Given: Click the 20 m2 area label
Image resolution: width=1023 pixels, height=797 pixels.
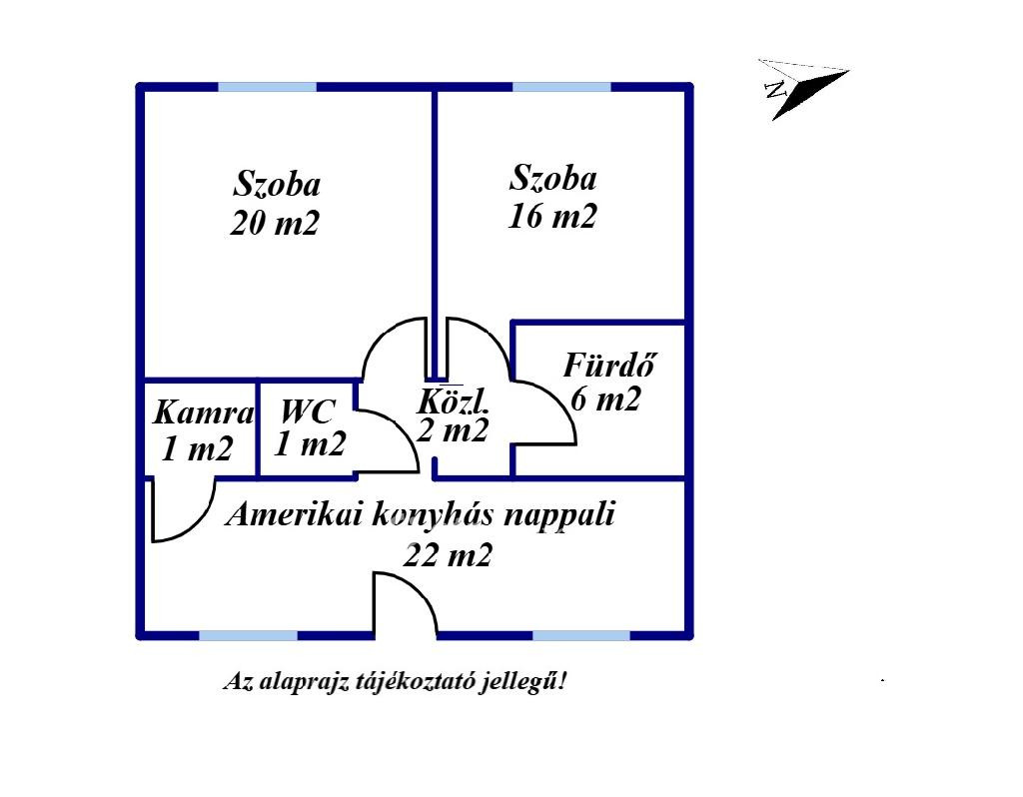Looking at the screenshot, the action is tap(275, 223).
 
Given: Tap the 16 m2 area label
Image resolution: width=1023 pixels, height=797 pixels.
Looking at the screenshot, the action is tap(551, 216).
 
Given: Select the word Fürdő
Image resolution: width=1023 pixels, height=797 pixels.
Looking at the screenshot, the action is tap(608, 365).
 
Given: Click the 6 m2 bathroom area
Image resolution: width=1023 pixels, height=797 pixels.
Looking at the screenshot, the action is tap(605, 399).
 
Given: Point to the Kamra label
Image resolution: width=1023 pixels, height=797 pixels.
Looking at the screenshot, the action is tap(203, 412).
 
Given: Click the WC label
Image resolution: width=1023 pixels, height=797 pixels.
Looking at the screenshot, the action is tap(308, 411).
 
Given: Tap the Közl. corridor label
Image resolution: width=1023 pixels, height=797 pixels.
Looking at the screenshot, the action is tap(453, 401).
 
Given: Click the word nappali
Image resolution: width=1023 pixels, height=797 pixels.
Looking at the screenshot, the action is tap(559, 515).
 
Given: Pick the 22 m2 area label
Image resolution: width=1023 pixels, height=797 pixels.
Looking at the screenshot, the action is tap(448, 555).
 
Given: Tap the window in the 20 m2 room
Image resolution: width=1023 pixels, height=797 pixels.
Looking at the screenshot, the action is tap(267, 87).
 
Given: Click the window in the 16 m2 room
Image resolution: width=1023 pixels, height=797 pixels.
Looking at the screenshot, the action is tap(561, 87).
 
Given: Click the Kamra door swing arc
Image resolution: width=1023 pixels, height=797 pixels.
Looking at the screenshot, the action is tap(200, 525).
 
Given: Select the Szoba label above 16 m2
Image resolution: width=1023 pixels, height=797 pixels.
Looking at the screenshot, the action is tap(552, 178).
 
